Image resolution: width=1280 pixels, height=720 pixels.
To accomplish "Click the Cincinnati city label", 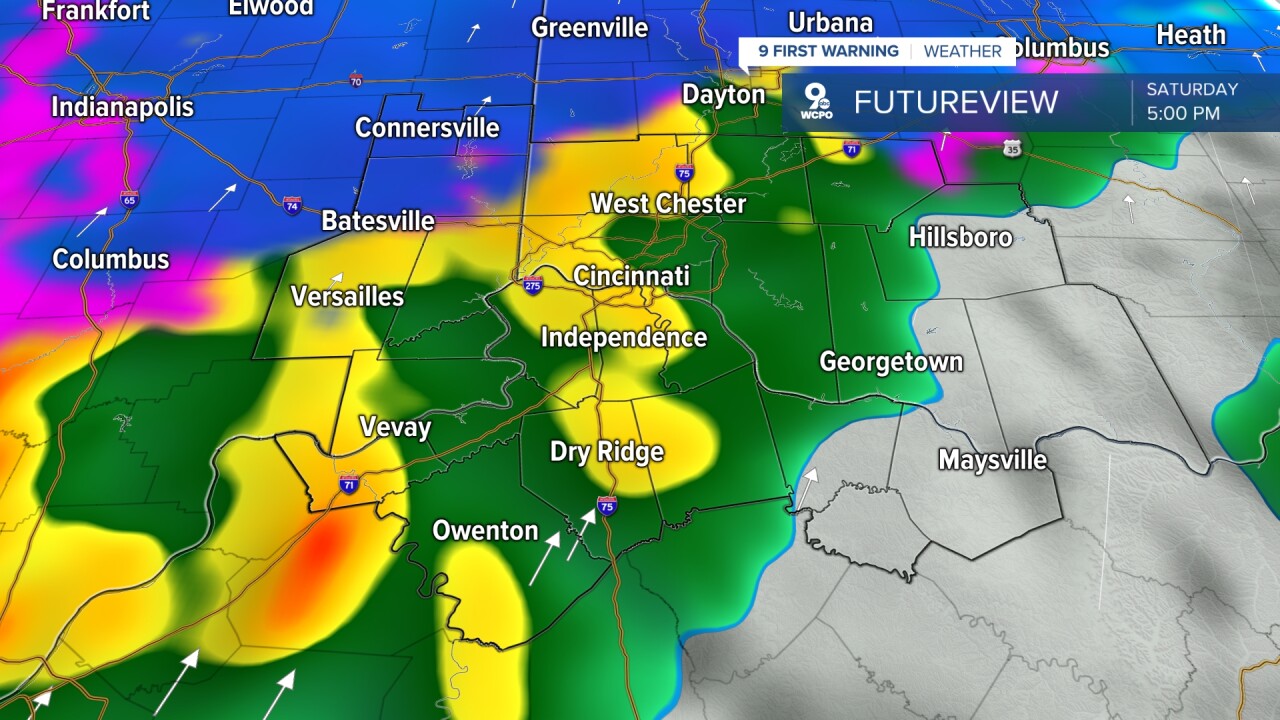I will (631, 276).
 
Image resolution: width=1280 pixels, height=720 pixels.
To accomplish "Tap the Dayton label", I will (723, 95).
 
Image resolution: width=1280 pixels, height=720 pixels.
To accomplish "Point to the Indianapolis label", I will (122, 107).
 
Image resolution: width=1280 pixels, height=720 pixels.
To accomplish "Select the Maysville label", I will (992, 460).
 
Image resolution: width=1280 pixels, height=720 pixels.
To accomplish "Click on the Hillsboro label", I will (960, 237).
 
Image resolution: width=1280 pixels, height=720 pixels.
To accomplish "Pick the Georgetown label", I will (891, 362).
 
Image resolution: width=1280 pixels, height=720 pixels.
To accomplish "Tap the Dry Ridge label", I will (607, 452).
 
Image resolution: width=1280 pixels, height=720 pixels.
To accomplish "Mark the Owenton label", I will (485, 531).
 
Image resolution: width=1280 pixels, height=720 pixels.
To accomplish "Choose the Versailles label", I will (347, 296).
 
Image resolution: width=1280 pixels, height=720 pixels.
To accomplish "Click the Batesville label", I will (378, 221).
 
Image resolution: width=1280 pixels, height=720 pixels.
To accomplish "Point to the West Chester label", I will (668, 204).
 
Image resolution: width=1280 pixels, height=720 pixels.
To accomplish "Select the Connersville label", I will (427, 128).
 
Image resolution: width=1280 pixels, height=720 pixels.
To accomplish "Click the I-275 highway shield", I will (533, 285).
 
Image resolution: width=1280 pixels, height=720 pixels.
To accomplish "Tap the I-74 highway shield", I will (292, 205).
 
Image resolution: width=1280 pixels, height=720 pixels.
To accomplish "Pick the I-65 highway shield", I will (129, 199).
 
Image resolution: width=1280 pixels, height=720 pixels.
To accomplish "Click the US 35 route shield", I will (1013, 148).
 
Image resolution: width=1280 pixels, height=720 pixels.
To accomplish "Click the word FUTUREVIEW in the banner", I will (955, 102).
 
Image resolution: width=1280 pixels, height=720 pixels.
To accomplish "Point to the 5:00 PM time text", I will (1183, 113).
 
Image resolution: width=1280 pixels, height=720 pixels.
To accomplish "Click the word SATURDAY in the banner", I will (1192, 89).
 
